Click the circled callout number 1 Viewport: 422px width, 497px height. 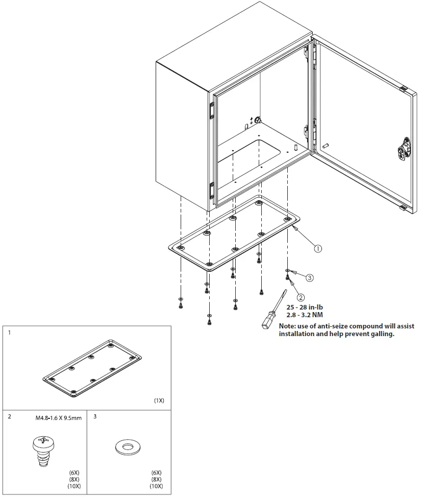(x=318, y=249)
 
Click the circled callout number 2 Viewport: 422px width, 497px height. (x=301, y=297)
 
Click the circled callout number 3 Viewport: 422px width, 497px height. (x=309, y=278)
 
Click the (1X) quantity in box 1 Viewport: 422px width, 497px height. (x=159, y=400)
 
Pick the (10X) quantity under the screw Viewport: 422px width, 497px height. (x=74, y=486)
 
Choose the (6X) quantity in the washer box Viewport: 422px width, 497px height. (x=157, y=472)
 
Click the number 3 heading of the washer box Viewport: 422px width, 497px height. (x=95, y=417)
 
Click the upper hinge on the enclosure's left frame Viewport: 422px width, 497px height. (x=211, y=111)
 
